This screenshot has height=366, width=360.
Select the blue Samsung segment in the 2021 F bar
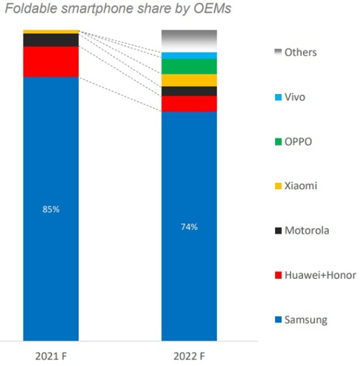tap(51, 255)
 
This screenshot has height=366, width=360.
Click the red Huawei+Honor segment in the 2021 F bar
tap(51, 61)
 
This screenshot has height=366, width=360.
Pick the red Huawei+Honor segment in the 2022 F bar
tap(189, 104)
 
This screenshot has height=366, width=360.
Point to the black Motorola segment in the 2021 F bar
tap(51, 40)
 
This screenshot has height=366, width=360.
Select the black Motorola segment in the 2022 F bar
tap(189, 91)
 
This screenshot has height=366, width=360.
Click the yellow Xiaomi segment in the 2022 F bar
tap(189, 80)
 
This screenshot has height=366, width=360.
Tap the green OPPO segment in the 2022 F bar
tap(189, 66)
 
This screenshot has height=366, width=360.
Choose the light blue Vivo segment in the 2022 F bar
tap(189, 56)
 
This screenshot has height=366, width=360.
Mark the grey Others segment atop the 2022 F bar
tap(189, 40)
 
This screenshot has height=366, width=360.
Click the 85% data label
tap(51, 209)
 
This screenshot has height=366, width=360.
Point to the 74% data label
tap(189, 227)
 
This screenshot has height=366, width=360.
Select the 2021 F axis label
tap(51, 356)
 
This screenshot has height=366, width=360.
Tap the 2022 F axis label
tap(189, 356)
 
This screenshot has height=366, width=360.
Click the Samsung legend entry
tap(300, 320)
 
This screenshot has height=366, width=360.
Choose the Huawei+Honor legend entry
tap(314, 275)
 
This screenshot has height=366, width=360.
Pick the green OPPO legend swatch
tap(277, 142)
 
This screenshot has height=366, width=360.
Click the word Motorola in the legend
tap(307, 231)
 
